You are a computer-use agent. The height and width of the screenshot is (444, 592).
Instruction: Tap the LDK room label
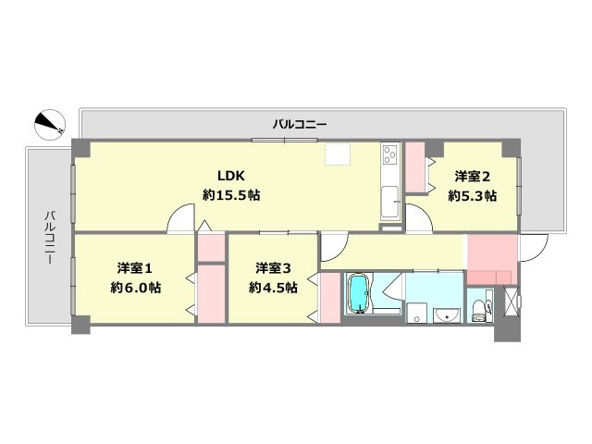click(230, 177)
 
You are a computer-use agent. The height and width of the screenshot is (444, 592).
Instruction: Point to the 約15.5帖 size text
click(230, 195)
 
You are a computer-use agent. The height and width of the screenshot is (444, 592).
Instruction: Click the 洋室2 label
click(472, 177)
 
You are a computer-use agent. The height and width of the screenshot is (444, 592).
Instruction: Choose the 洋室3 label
click(273, 268)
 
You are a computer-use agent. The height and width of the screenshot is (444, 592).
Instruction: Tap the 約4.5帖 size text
click(273, 288)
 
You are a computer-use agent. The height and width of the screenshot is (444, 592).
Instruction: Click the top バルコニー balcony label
click(300, 123)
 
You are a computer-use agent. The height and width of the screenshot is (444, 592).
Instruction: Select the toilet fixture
click(478, 308)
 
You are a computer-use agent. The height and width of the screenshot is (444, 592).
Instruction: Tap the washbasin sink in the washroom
click(447, 314)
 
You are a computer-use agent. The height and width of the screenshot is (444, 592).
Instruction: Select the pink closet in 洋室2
click(414, 167)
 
